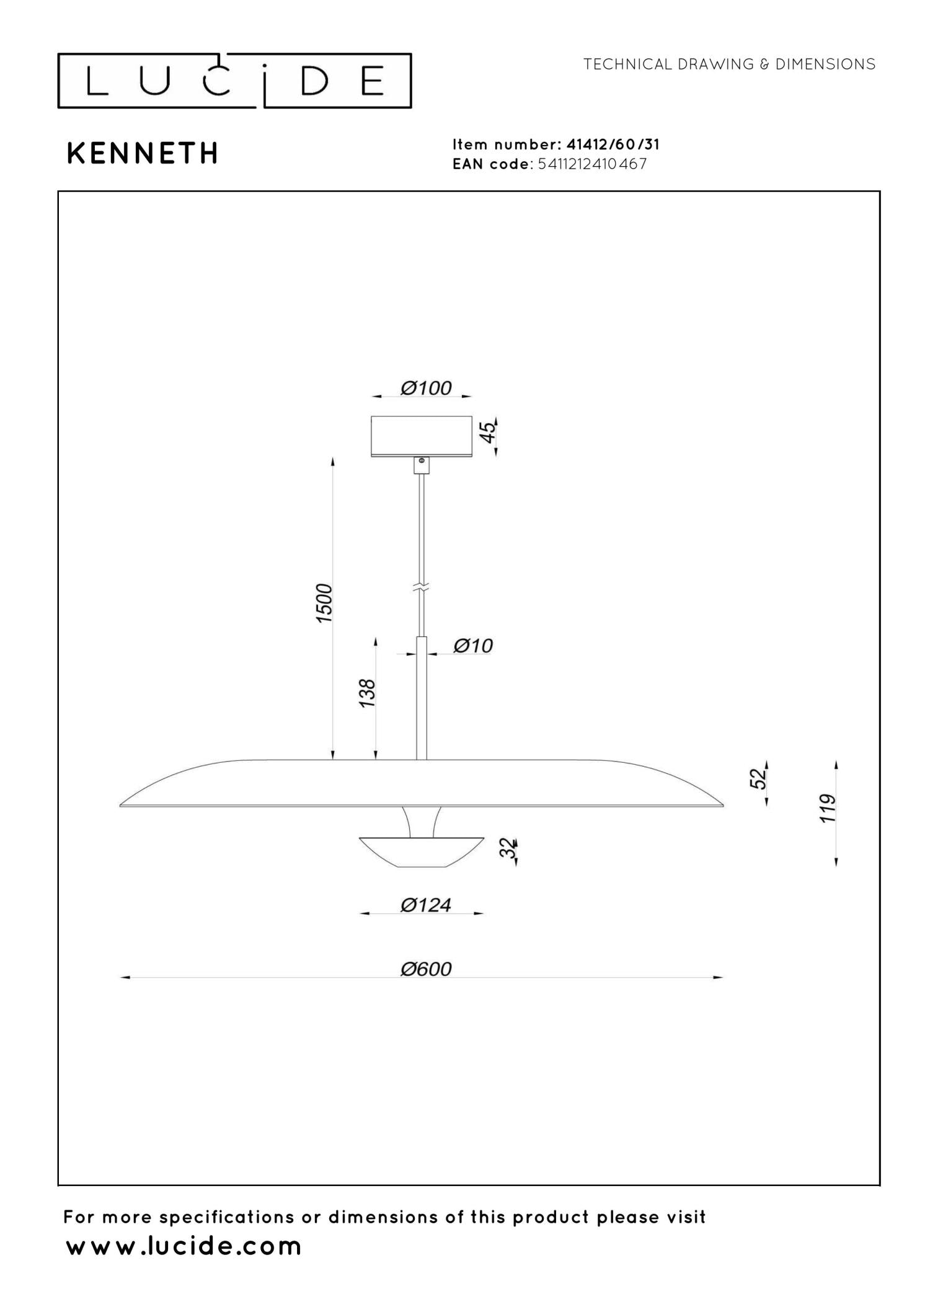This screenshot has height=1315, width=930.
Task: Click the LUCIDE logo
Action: [x=234, y=81]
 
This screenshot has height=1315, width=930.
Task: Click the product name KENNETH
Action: [x=143, y=154]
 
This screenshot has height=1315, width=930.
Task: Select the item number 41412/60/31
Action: [x=613, y=144]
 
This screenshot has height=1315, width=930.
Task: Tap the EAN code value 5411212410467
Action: [x=593, y=164]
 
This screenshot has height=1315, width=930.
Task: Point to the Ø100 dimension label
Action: [x=426, y=389]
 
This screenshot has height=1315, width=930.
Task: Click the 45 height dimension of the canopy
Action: [x=489, y=432]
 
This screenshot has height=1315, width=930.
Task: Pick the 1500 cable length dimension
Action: [x=324, y=603]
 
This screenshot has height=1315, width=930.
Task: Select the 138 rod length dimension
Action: [x=367, y=693]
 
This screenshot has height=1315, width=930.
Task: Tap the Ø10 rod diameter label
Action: [x=473, y=646]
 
